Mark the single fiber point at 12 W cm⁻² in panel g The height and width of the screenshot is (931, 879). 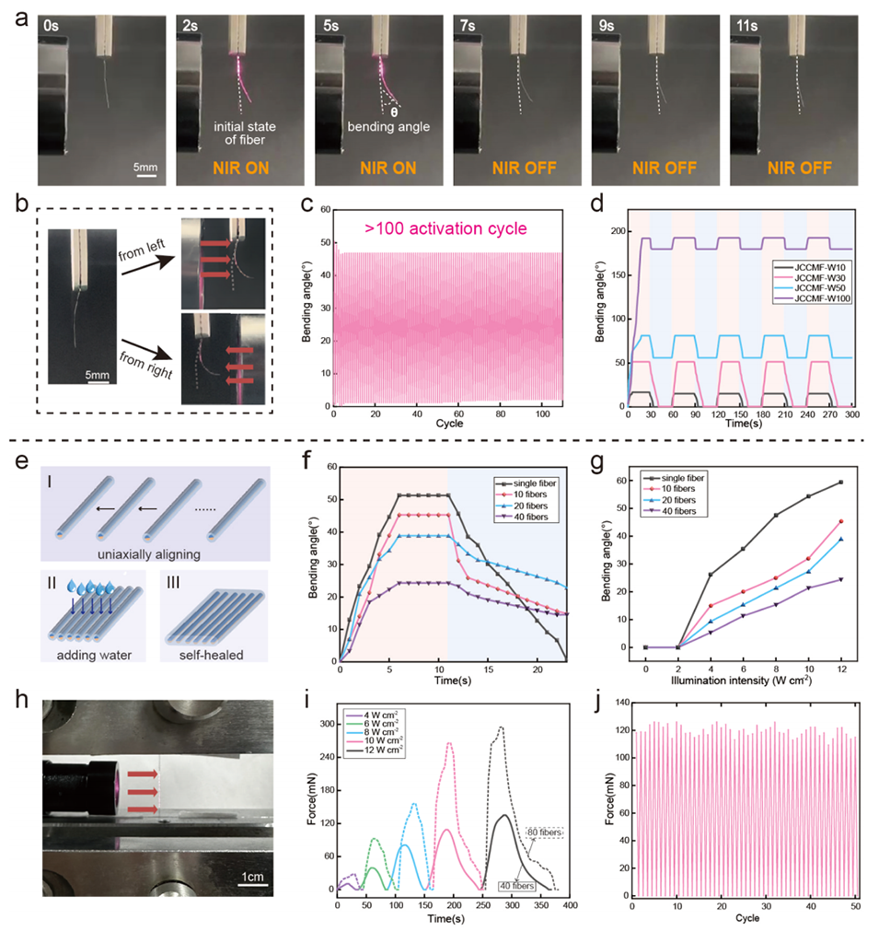(x=840, y=482)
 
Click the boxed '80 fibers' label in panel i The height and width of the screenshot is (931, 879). (x=543, y=833)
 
